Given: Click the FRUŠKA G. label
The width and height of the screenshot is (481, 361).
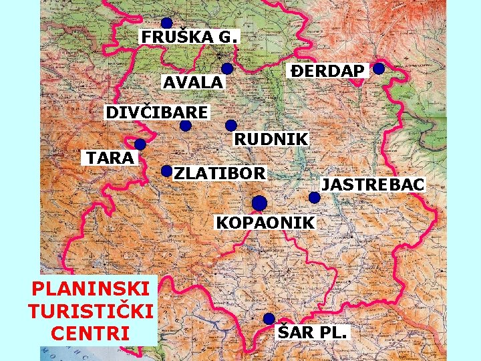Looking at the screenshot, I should click(x=188, y=36).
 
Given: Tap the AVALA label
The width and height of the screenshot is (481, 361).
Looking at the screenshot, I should click(x=193, y=82).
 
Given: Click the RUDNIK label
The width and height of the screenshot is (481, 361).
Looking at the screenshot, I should click(x=271, y=139).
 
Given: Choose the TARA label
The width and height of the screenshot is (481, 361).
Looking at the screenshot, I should click(x=108, y=158).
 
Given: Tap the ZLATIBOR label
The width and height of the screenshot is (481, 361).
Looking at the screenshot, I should click(x=220, y=173).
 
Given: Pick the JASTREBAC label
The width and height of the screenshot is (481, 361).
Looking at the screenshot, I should click(x=372, y=184).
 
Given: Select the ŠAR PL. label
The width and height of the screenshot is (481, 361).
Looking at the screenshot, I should click(x=312, y=331).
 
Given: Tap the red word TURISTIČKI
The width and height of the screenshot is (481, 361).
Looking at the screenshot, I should click(x=92, y=311).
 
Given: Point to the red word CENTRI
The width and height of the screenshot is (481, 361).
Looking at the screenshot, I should click(x=92, y=333).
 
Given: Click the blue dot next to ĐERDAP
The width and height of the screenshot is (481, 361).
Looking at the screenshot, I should click(x=379, y=68).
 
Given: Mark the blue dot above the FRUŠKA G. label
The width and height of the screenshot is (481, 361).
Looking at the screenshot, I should click(x=166, y=23).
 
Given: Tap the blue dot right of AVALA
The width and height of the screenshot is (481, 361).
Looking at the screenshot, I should click(x=227, y=68).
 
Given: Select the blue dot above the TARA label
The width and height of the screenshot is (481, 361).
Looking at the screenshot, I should click(x=140, y=144).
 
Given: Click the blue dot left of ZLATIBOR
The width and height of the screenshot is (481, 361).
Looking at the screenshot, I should click(x=167, y=171).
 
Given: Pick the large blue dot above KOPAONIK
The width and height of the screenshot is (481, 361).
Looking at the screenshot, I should click(x=260, y=203).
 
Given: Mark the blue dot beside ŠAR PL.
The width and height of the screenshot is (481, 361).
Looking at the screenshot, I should click(x=269, y=318).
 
